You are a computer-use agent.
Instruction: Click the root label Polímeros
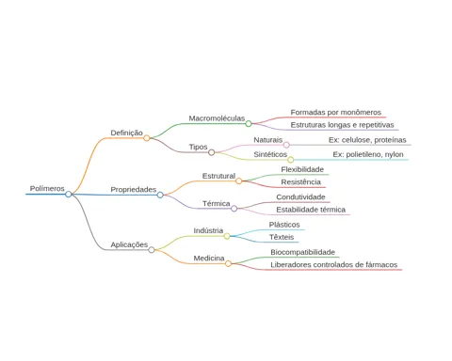click(x=47, y=189)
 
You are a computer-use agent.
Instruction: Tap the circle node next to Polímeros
click(x=69, y=195)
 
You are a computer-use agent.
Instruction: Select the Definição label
click(x=126, y=133)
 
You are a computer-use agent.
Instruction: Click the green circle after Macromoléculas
click(x=249, y=123)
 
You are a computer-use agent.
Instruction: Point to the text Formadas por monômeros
click(x=336, y=112)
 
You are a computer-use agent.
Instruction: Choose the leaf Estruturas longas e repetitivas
click(x=342, y=125)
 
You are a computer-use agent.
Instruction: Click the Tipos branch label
click(x=198, y=147)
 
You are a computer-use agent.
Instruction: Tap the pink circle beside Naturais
click(x=286, y=145)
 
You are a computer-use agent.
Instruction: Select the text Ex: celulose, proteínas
click(x=367, y=140)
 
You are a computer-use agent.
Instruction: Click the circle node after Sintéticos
click(x=291, y=160)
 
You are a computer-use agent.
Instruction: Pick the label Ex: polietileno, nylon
click(x=368, y=154)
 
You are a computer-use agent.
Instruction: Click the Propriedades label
click(x=134, y=190)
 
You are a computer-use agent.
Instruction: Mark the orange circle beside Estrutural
click(x=238, y=180)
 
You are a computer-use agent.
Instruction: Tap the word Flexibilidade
click(x=302, y=169)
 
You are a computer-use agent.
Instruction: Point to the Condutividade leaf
click(x=300, y=197)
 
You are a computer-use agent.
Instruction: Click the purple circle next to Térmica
click(x=234, y=209)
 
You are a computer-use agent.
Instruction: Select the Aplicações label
click(x=129, y=244)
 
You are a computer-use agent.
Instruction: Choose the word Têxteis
click(x=282, y=237)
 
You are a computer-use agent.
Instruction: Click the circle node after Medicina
click(x=228, y=263)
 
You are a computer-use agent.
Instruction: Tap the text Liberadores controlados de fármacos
click(x=334, y=265)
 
